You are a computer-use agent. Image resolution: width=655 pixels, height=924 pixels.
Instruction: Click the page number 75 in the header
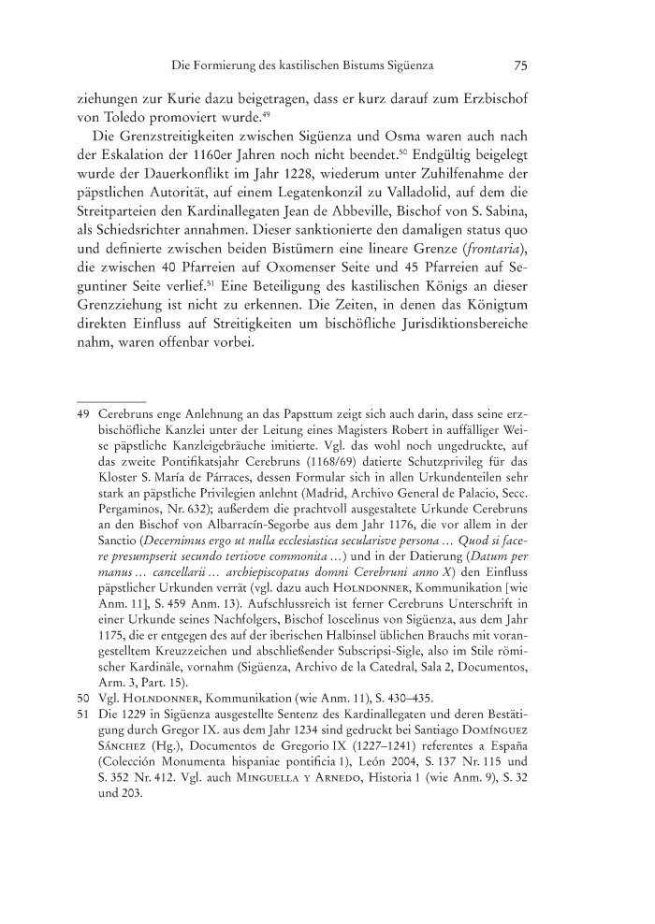click(522, 65)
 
